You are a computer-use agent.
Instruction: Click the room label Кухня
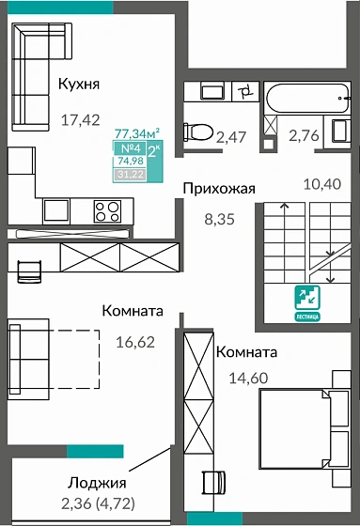point(79,85)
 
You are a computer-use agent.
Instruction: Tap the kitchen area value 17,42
point(79,119)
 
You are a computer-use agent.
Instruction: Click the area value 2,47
point(231,137)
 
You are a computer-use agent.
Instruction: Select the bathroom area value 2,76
point(305,137)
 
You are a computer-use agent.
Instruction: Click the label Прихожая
point(219,188)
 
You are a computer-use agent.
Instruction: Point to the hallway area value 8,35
point(220,222)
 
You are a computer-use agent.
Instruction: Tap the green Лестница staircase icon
point(306,299)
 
